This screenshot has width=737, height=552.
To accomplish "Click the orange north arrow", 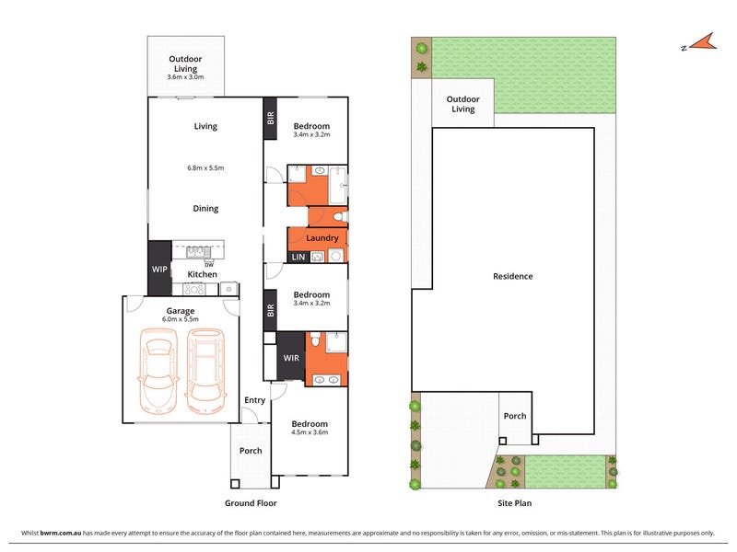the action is (x=703, y=42).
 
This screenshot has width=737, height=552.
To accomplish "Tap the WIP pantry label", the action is (x=159, y=269).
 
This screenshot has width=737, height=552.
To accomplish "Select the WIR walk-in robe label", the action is (x=291, y=358).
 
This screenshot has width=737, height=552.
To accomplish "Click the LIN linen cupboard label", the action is (x=298, y=257).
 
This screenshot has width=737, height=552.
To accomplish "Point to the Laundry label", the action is (x=322, y=238).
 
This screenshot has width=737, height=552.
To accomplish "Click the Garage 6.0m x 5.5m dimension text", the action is (x=181, y=319).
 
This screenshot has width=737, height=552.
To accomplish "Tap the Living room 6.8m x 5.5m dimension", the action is (x=205, y=167).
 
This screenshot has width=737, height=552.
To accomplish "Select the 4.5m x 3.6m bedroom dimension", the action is (x=310, y=432).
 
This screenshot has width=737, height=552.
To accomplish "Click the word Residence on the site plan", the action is (x=513, y=277).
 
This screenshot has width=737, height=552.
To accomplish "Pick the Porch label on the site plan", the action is (x=515, y=416).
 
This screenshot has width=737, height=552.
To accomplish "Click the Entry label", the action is (x=255, y=400).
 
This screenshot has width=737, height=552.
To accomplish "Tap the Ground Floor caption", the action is (x=251, y=503).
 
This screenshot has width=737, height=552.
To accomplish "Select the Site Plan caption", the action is (x=515, y=503).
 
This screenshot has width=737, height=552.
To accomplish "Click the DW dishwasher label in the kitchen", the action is (x=209, y=265).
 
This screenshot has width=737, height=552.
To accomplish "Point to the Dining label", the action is (x=205, y=209).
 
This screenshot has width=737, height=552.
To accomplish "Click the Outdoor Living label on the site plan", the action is (x=463, y=104).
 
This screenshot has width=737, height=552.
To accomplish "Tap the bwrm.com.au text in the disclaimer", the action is (x=61, y=533).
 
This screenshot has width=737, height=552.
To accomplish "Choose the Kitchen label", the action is (x=202, y=274).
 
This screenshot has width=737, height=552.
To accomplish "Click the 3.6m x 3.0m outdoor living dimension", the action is (x=185, y=77).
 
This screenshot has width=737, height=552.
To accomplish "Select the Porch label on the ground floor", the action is (x=251, y=451).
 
